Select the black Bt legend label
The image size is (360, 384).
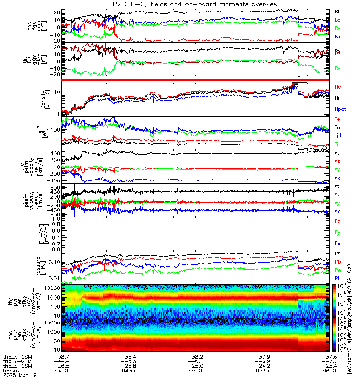[337, 11]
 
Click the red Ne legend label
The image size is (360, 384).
[338, 87]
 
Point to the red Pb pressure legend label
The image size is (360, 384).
[338, 261]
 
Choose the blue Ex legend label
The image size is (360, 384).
[337, 244]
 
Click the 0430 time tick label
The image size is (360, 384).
[125, 371]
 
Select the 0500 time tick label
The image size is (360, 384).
[183, 371]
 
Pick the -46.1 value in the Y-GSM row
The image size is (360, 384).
[183, 361]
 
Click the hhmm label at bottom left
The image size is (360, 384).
[10, 371]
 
